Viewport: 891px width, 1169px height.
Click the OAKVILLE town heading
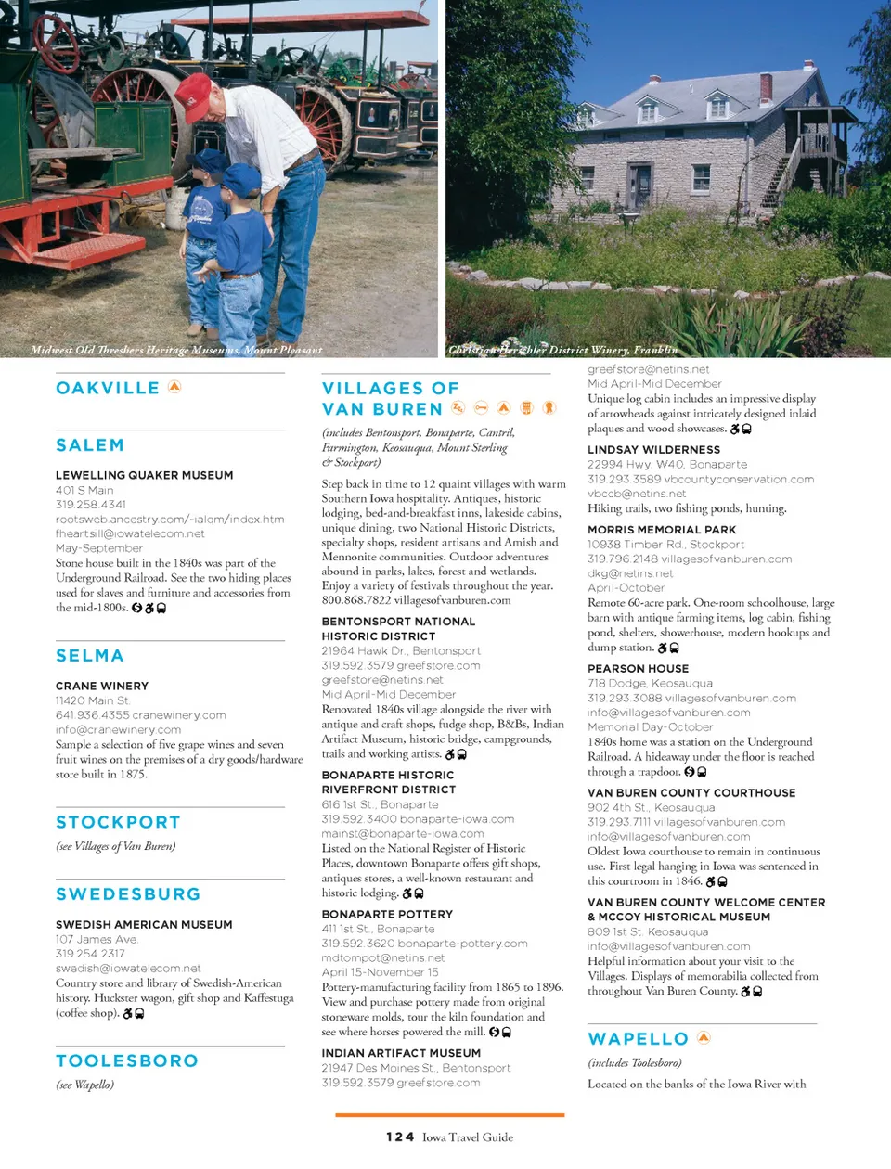pyautogui.click(x=108, y=388)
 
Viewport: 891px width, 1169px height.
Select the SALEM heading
pyautogui.click(x=90, y=445)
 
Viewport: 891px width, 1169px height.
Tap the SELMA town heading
pyautogui.click(x=90, y=656)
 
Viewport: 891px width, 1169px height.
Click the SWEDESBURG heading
pyautogui.click(x=128, y=894)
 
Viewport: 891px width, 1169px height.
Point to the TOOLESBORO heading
pyautogui.click(x=127, y=1060)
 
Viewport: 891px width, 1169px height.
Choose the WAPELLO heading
pyautogui.click(x=639, y=1039)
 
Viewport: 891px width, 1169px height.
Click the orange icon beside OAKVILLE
pyautogui.click(x=174, y=387)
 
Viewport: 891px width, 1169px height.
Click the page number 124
pyautogui.click(x=400, y=1137)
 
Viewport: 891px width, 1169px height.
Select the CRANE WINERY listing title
pyautogui.click(x=102, y=686)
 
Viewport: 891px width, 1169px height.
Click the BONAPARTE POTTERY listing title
pyautogui.click(x=387, y=914)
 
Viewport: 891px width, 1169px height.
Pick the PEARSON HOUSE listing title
pyautogui.click(x=638, y=668)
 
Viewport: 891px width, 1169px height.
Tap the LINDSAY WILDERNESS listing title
pyautogui.click(x=653, y=449)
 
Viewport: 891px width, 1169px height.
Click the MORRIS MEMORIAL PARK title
pyautogui.click(x=662, y=529)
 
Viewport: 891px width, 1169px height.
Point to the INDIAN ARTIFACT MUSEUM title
pyautogui.click(x=401, y=1053)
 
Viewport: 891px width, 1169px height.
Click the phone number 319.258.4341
pyautogui.click(x=91, y=505)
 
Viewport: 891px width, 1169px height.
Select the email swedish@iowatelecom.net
pyautogui.click(x=128, y=968)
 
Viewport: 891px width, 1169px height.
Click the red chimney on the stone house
pyautogui.click(x=766, y=86)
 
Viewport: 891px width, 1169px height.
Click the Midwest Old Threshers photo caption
pyautogui.click(x=176, y=350)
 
